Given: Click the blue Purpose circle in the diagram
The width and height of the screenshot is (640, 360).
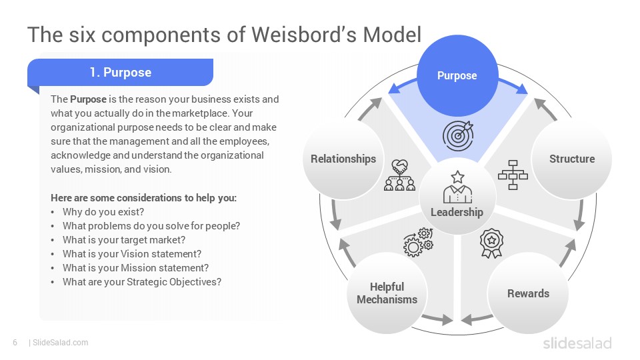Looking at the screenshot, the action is [457, 75].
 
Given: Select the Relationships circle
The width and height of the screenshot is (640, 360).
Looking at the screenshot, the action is [343, 159].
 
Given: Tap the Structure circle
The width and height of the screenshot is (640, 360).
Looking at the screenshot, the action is [571, 159].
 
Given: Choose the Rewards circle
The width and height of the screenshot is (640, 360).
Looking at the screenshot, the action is [528, 293].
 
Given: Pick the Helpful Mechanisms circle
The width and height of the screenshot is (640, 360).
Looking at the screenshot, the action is [387, 293].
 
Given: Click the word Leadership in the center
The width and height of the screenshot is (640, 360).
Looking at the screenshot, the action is [457, 212].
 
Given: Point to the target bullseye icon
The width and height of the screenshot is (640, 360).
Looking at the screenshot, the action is [458, 135].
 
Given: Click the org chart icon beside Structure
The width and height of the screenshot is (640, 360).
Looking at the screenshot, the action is [513, 175].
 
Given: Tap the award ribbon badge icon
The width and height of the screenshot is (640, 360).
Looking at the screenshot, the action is [491, 243].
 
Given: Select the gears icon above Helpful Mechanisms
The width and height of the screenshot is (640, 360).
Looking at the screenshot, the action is [419, 242].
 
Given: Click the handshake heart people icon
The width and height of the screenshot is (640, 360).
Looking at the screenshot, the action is [399, 175].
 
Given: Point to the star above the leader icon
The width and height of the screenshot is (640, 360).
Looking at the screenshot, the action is [457, 177].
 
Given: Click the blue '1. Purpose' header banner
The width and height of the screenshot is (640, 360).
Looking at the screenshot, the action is [121, 72].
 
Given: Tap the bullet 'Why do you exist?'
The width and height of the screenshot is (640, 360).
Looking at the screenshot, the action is [103, 212].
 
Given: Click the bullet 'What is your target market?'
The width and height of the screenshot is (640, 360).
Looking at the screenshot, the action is [124, 240].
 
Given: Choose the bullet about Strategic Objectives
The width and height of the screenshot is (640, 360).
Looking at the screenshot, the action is [141, 282].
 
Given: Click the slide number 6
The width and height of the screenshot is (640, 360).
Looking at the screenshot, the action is [15, 343].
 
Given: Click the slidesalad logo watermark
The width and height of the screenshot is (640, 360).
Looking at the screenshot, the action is [577, 343].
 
